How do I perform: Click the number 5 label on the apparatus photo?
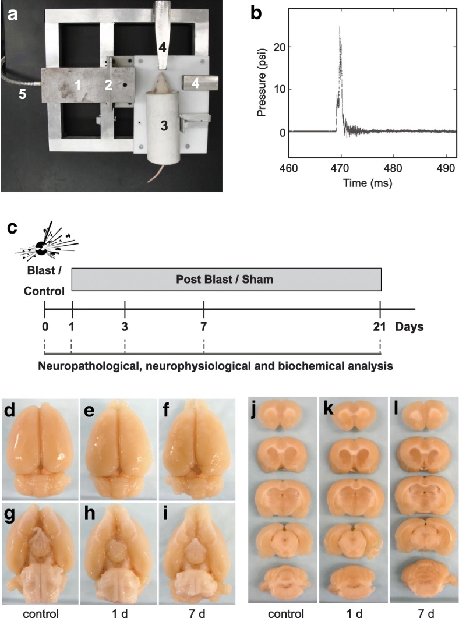(22, 95)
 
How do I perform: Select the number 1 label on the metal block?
(77, 85)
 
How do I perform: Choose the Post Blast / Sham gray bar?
(226, 280)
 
